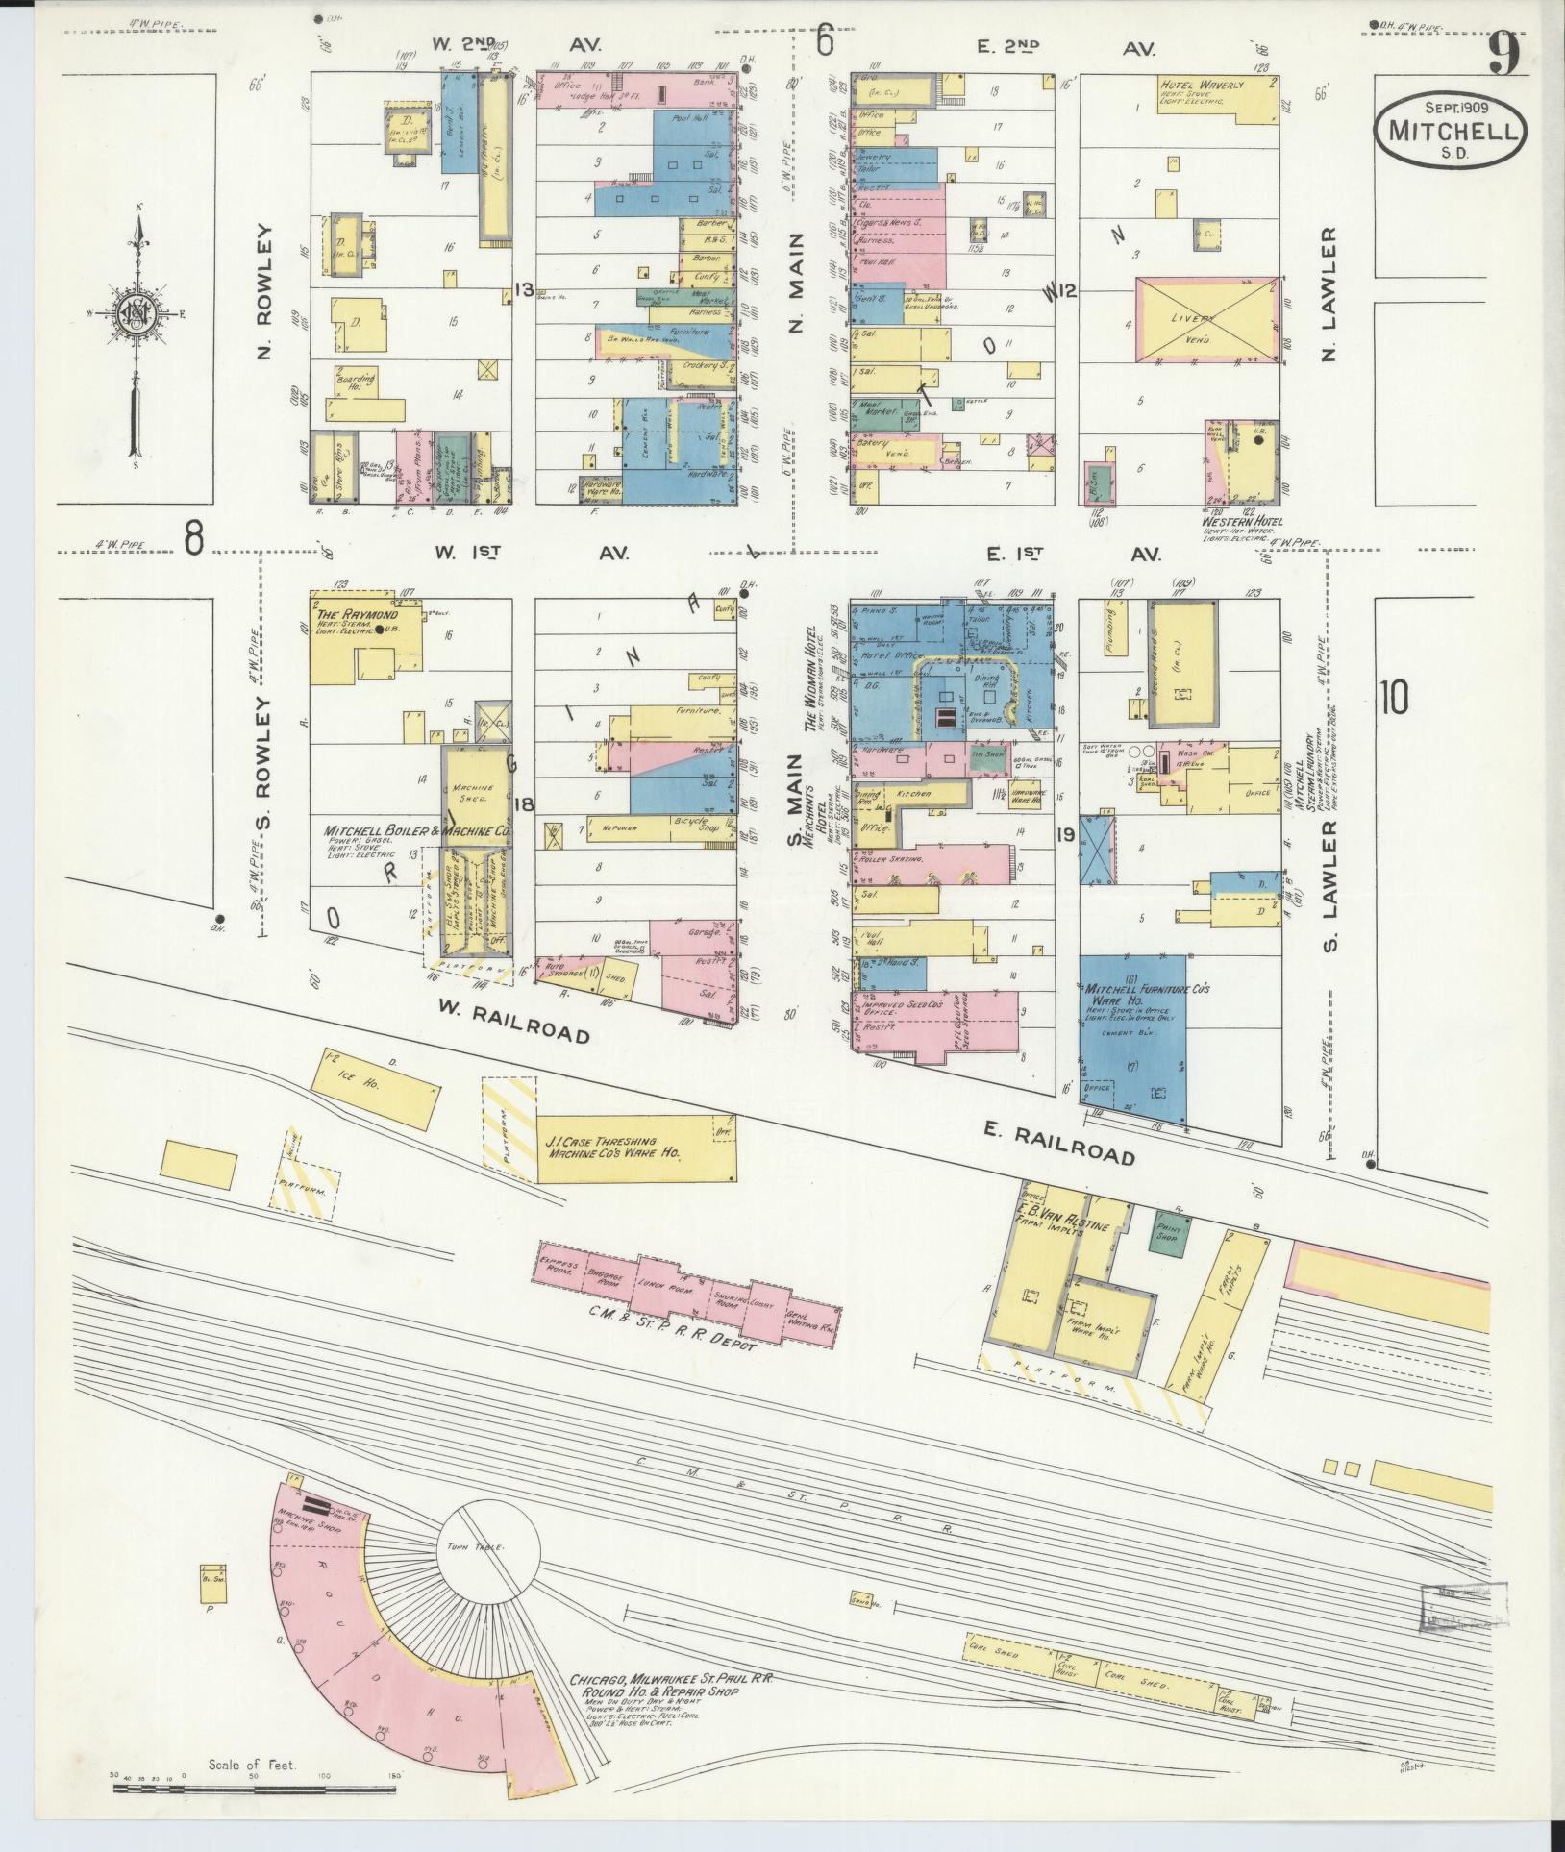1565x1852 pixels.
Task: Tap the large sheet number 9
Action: (1504, 54)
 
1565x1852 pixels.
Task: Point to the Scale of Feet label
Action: (253, 1765)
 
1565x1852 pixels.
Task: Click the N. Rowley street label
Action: (266, 292)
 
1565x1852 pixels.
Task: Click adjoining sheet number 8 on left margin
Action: (194, 537)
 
